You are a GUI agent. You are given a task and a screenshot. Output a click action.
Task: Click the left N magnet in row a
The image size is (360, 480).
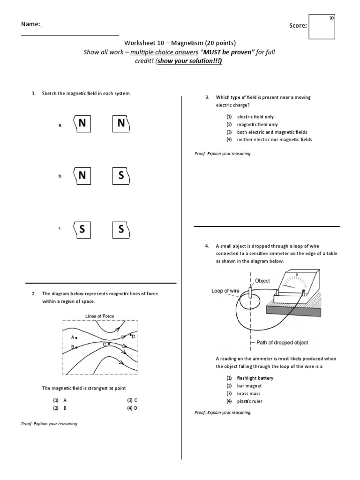point(82,123)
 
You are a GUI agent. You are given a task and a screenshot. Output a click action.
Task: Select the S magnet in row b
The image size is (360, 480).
point(121,176)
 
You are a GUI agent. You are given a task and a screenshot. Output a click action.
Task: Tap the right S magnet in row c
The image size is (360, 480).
point(121,229)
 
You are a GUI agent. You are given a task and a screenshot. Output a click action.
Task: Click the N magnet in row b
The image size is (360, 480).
point(82,176)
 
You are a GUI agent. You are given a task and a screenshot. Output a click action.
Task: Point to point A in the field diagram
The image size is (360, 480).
point(76,337)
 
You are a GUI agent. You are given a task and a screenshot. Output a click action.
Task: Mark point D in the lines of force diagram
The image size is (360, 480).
point(131,336)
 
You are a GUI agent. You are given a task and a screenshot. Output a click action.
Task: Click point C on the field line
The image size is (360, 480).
point(109,344)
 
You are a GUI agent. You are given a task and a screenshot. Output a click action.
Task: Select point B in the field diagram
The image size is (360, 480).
point(76,347)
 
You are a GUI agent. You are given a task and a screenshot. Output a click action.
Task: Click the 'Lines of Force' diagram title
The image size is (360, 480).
point(99,316)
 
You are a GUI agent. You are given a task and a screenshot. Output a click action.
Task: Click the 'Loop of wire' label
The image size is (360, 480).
point(225,291)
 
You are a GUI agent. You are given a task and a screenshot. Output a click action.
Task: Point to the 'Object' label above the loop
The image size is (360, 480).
point(262,281)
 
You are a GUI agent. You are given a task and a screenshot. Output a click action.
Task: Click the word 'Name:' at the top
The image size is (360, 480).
point(30,24)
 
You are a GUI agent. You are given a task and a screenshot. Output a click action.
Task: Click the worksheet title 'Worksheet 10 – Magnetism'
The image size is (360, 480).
point(163,43)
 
